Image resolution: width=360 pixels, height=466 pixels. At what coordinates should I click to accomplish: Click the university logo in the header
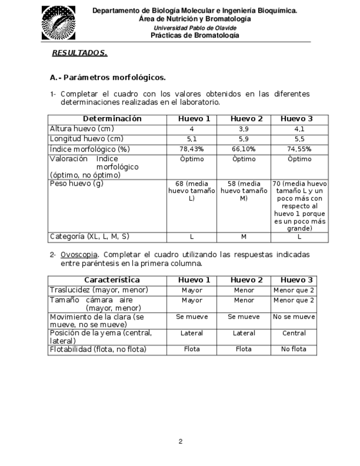pos(59,23)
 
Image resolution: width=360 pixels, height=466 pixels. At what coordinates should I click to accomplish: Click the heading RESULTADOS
pos(79,53)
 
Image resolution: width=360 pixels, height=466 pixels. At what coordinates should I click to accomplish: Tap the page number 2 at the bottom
pos(180,441)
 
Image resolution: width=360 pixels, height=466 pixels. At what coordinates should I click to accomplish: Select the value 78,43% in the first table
pos(191,149)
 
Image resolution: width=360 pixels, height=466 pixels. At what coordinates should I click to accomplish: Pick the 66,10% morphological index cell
pos(244,149)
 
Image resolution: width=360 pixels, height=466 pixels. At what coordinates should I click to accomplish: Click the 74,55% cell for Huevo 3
pos(300,149)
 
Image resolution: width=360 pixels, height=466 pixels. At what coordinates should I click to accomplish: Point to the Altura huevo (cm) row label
pos(82,129)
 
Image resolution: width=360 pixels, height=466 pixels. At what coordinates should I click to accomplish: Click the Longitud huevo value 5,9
pos(244,139)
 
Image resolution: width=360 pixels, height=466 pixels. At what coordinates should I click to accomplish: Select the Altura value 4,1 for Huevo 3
pos(300,129)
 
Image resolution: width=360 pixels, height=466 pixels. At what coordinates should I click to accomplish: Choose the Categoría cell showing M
pos(244,237)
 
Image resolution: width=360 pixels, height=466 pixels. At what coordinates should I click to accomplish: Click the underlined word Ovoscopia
pos(79,255)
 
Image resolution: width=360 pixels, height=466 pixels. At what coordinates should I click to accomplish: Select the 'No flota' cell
pos(293,349)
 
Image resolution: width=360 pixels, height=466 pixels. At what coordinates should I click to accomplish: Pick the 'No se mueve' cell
pos(293,317)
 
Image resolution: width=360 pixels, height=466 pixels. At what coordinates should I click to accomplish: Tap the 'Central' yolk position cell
pos(293,333)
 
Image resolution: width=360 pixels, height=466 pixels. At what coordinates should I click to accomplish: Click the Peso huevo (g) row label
pos(76,183)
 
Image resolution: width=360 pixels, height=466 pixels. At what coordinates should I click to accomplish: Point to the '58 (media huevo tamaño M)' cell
pos(244,191)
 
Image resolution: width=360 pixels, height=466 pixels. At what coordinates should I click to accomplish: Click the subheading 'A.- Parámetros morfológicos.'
pos(107,77)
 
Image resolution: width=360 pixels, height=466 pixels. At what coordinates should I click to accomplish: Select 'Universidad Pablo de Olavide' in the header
pos(195,27)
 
